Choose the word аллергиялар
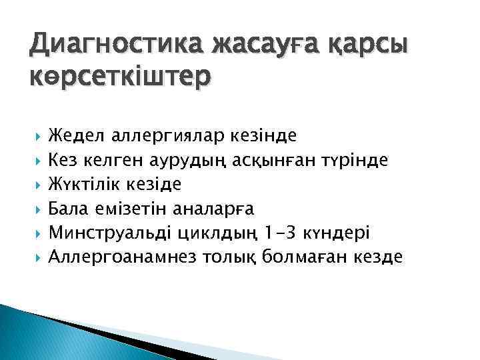click(164, 137)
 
